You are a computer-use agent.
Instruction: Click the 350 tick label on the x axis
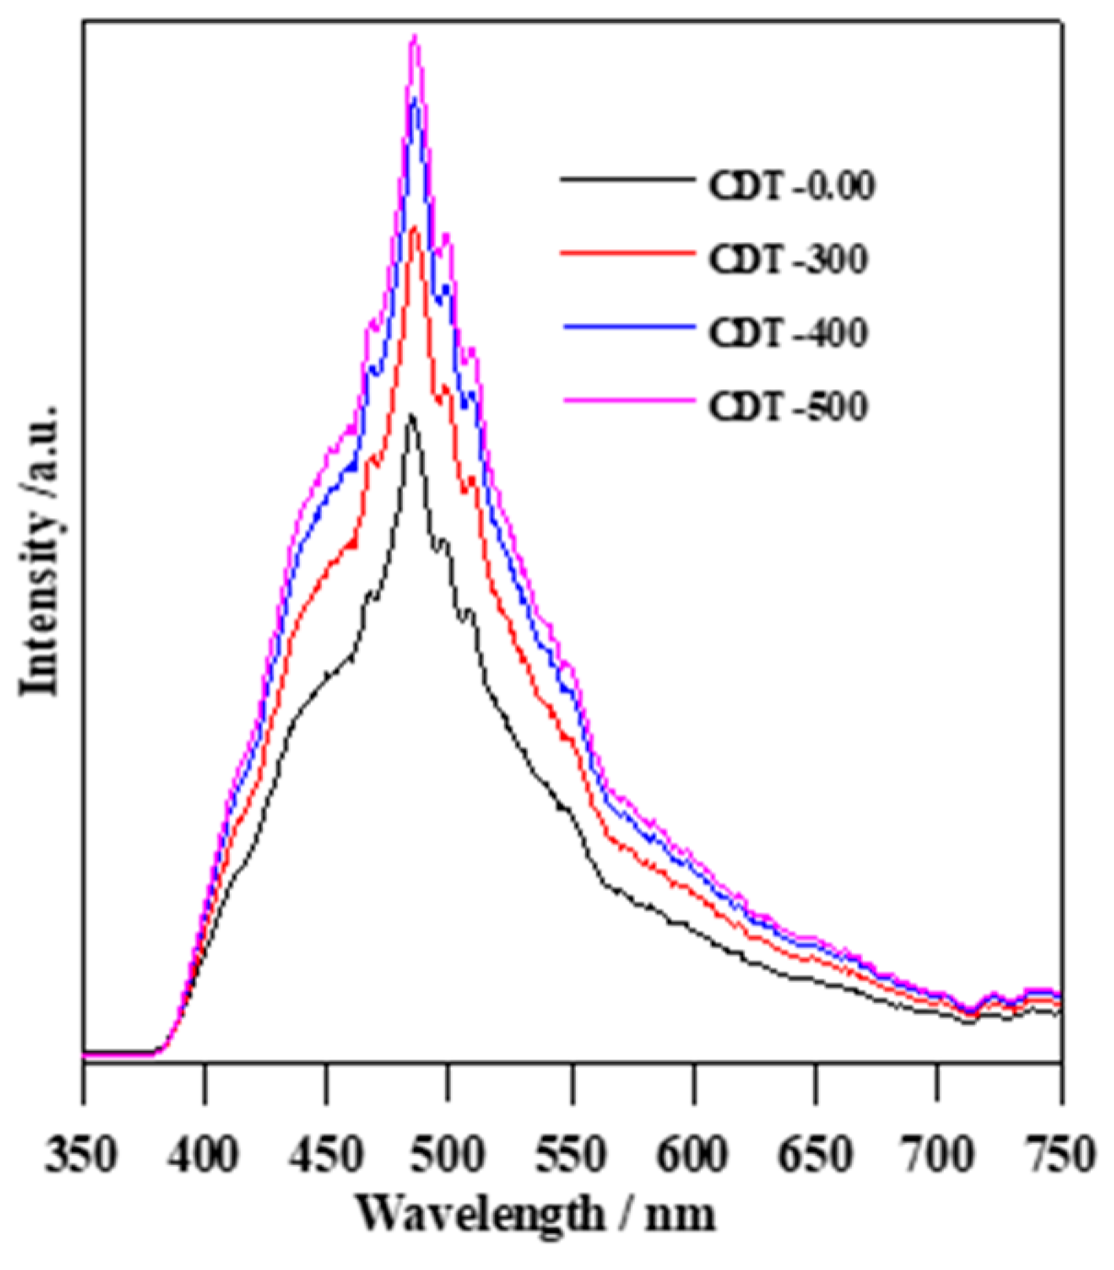pyautogui.click(x=83, y=1153)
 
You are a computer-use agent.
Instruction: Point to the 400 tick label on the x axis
pyautogui.click(x=205, y=1153)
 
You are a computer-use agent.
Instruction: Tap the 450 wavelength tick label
pyautogui.click(x=327, y=1153)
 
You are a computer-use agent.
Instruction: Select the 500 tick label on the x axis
pyautogui.click(x=449, y=1153)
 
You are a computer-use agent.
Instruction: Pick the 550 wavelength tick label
pyautogui.click(x=571, y=1153)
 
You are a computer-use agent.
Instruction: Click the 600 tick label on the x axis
pyautogui.click(x=694, y=1153)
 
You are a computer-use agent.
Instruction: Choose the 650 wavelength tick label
pyautogui.click(x=815, y=1153)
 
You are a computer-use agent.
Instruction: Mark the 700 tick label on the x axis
pyautogui.click(x=937, y=1153)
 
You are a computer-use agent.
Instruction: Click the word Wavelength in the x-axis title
pyautogui.click(x=478, y=1214)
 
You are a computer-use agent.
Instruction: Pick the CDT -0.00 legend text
pyautogui.click(x=790, y=186)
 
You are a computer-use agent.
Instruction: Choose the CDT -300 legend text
pyautogui.click(x=787, y=260)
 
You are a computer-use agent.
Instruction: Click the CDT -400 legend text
pyautogui.click(x=787, y=332)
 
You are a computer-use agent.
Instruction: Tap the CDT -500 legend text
pyautogui.click(x=787, y=406)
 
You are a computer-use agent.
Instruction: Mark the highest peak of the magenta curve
pyautogui.click(x=415, y=37)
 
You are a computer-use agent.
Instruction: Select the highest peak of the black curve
pyautogui.click(x=411, y=416)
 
